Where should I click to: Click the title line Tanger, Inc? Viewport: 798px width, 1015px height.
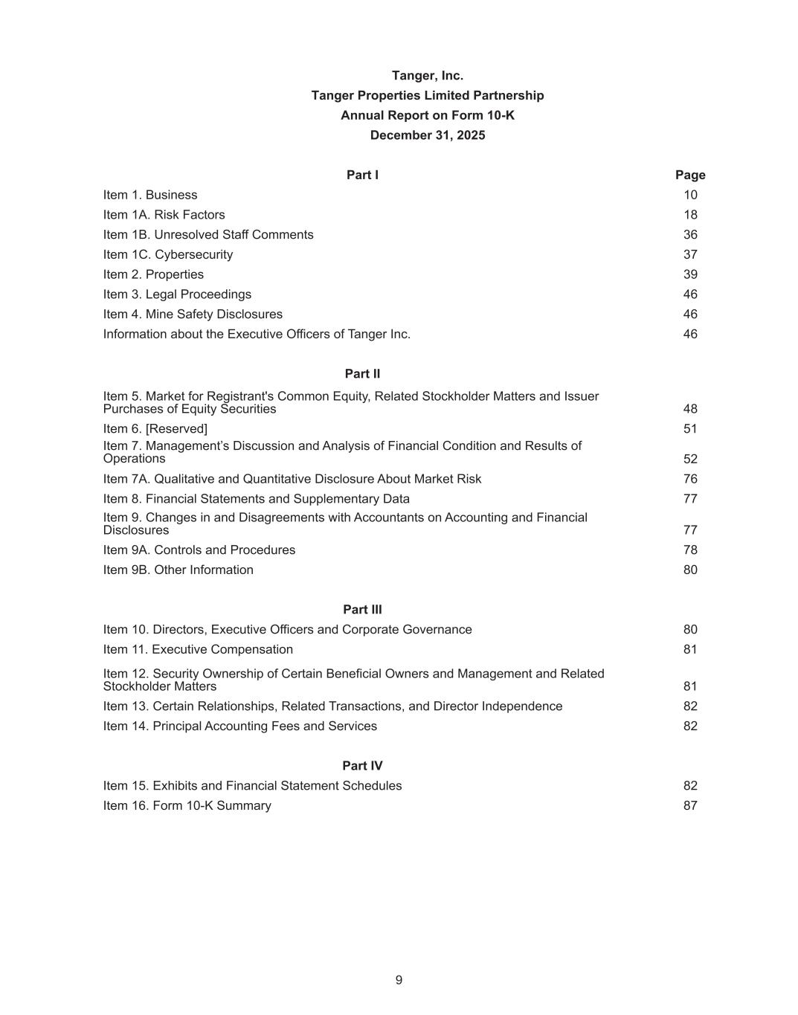427,76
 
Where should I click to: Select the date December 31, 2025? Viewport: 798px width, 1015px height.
427,135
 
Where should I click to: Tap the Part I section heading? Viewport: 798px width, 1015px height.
362,175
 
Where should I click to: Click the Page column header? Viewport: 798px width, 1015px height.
689,175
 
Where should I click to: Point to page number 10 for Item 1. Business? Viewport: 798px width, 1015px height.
690,196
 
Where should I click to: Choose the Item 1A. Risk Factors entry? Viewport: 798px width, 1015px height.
164,215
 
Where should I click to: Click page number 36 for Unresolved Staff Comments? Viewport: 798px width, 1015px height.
690,235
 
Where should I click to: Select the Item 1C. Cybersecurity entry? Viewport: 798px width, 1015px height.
167,255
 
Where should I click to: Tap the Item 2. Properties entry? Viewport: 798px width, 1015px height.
153,275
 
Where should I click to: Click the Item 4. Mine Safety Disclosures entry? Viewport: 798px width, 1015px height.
193,315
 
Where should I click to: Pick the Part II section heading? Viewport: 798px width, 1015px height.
362,374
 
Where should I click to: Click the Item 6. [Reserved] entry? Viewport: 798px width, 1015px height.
155,429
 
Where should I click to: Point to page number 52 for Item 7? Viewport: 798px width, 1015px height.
690,460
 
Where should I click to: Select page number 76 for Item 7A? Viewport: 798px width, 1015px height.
690,480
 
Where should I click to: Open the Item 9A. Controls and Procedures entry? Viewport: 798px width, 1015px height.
199,550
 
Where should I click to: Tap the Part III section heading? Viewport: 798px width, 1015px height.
362,610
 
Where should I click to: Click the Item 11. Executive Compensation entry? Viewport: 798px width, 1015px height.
198,650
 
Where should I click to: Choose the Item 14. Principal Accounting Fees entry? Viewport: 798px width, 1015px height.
239,726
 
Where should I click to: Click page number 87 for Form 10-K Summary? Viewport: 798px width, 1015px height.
690,806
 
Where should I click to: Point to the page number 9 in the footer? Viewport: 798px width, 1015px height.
399,981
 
